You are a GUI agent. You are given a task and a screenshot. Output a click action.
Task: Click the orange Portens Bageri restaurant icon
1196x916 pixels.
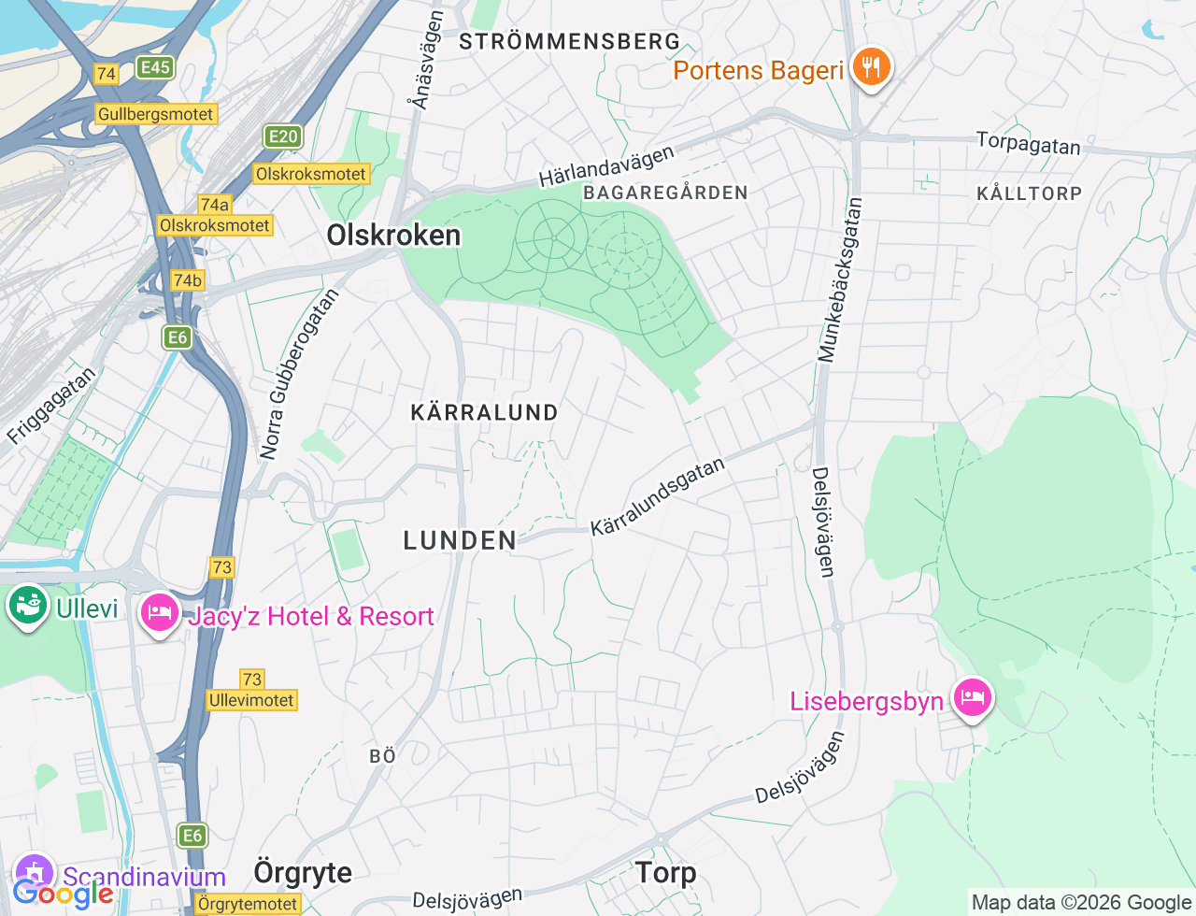pos(871,67)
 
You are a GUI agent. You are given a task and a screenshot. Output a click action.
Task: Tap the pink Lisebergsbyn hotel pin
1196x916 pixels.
pos(972,697)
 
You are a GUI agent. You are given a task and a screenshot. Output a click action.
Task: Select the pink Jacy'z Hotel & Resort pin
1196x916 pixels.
pos(160,613)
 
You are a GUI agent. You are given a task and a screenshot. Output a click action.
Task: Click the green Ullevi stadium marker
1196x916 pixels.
pos(28,606)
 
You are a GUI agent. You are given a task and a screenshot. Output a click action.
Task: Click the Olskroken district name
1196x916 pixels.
pos(393,236)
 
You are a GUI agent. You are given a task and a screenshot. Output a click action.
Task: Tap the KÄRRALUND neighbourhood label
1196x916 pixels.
pos(484,412)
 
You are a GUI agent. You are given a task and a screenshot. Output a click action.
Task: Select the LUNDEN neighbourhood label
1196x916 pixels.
pos(460,540)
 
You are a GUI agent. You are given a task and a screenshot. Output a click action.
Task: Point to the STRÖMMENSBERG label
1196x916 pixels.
pos(569,42)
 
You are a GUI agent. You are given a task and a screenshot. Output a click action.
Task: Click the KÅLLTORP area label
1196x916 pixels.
pos(1029,193)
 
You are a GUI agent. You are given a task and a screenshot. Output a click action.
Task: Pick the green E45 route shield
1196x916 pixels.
pos(154,66)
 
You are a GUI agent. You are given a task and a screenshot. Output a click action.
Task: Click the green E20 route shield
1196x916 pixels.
pos(283,136)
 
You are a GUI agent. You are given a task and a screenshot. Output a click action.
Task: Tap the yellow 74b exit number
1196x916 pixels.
pos(187,280)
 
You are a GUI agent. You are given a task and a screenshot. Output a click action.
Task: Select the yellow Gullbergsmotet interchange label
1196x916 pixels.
pos(156,114)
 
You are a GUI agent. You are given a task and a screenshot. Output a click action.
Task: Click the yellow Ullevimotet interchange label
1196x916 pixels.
pos(251,700)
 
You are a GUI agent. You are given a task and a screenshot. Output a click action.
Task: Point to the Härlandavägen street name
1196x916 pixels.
pos(606,166)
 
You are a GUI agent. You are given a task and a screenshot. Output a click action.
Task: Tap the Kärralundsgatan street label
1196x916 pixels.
pos(658,496)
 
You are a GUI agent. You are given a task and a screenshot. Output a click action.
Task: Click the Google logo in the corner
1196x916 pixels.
pos(63,895)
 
